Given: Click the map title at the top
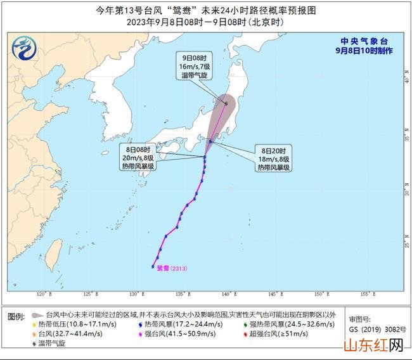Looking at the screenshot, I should point(205,11).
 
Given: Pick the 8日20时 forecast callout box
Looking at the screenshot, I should point(273,158).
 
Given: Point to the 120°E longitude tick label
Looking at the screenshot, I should point(44,294).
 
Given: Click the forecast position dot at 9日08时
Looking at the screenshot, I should point(226,103).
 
